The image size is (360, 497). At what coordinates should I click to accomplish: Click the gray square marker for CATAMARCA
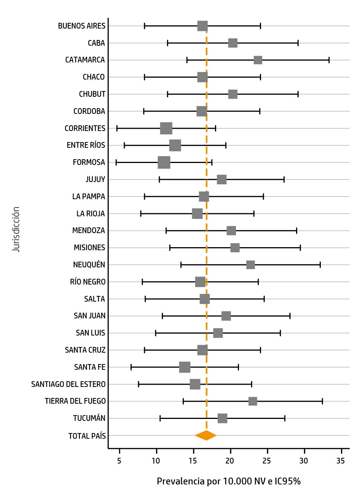click(258, 60)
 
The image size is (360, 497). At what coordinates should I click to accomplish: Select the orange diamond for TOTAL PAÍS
click(206, 435)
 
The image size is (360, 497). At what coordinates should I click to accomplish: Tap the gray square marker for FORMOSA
click(164, 163)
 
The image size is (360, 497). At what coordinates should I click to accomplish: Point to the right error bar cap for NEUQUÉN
click(320, 265)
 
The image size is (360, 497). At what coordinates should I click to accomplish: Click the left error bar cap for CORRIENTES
click(117, 128)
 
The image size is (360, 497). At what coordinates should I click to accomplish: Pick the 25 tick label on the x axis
click(267, 461)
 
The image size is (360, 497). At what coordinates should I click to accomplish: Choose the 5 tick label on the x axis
click(119, 461)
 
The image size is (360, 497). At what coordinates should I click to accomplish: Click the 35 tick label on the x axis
click(341, 461)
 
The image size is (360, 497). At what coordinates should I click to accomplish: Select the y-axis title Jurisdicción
click(16, 229)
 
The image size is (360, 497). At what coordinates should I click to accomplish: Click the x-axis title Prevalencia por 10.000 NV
click(229, 481)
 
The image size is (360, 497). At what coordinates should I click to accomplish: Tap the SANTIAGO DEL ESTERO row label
click(68, 384)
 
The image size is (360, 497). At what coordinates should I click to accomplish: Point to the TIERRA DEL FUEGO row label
click(75, 401)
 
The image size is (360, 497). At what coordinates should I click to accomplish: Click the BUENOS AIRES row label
click(82, 26)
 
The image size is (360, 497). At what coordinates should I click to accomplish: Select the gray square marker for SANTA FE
click(185, 367)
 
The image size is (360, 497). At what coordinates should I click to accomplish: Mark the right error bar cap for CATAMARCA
click(329, 60)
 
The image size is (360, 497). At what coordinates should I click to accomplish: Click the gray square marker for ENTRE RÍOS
click(175, 145)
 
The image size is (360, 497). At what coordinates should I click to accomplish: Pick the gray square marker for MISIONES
click(235, 248)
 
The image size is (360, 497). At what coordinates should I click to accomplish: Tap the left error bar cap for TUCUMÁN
click(160, 419)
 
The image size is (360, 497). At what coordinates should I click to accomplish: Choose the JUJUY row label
click(96, 180)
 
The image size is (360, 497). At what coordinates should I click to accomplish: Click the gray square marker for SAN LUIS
click(218, 333)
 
